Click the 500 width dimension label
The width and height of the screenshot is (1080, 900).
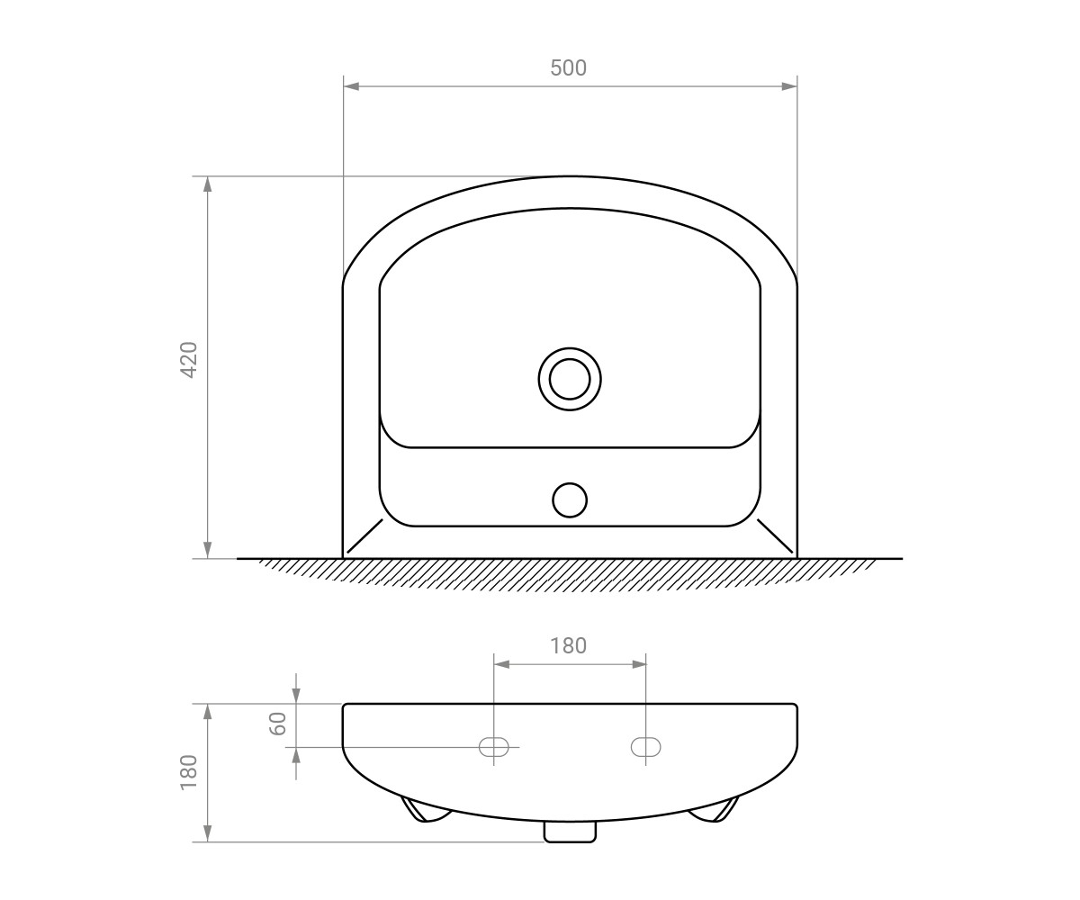coord(569,67)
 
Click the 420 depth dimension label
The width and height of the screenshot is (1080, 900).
coord(190,360)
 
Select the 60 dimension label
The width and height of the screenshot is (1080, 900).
coord(278,724)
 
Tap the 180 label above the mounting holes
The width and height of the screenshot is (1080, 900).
coord(568,645)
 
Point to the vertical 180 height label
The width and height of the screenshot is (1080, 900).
coord(189,772)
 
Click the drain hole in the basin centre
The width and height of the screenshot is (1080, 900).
coord(570,379)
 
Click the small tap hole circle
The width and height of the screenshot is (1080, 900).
coord(570,500)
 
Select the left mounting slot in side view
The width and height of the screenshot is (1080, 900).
coord(494,747)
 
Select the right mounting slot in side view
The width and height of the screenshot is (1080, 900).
coord(646,747)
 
